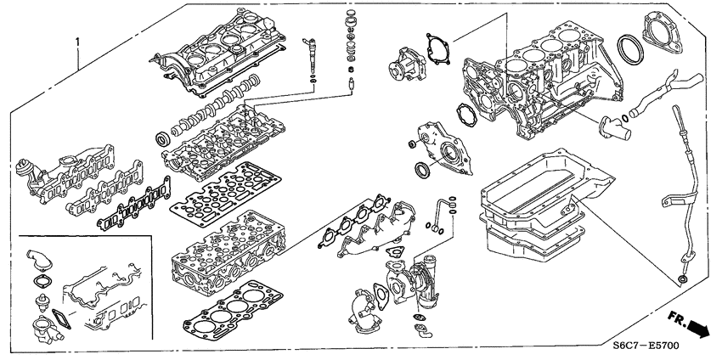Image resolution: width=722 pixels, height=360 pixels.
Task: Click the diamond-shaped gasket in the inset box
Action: click(x=65, y=318)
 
